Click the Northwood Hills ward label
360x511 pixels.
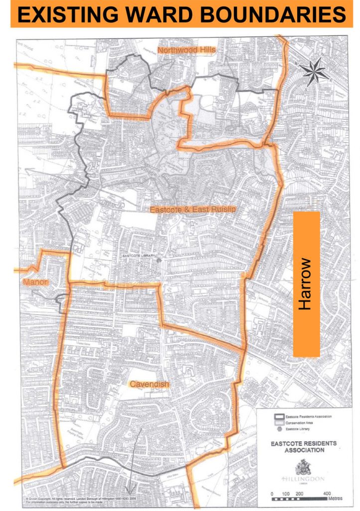point(184,50)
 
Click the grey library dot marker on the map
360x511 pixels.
point(159,260)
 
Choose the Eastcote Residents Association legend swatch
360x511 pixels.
point(277,416)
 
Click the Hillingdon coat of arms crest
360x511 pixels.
point(301,466)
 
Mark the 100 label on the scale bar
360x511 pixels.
point(285,494)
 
